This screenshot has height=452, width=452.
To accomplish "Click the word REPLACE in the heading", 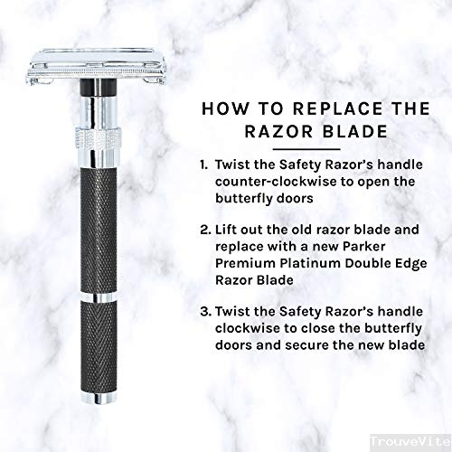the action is coord(338,108).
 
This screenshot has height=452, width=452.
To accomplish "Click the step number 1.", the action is coord(204,165).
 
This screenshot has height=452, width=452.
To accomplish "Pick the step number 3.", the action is coord(206,311).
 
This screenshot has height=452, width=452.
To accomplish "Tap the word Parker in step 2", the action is coord(364,247).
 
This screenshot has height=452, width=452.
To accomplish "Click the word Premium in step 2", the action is coord(245,263).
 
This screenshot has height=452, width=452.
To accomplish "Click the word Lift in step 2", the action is coord(225,230).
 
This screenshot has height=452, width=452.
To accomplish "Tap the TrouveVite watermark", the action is coord(410,442).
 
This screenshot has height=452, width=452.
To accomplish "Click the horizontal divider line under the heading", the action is coord(306,149).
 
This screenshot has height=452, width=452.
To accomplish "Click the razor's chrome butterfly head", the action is coord(97,66).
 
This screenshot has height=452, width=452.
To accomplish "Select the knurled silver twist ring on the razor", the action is coord(99,138).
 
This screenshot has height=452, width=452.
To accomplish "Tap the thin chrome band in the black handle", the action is coord(99,297).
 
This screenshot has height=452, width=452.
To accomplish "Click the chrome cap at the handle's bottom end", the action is coord(99,398).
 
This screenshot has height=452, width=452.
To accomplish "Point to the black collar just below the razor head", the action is coord(99,88).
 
